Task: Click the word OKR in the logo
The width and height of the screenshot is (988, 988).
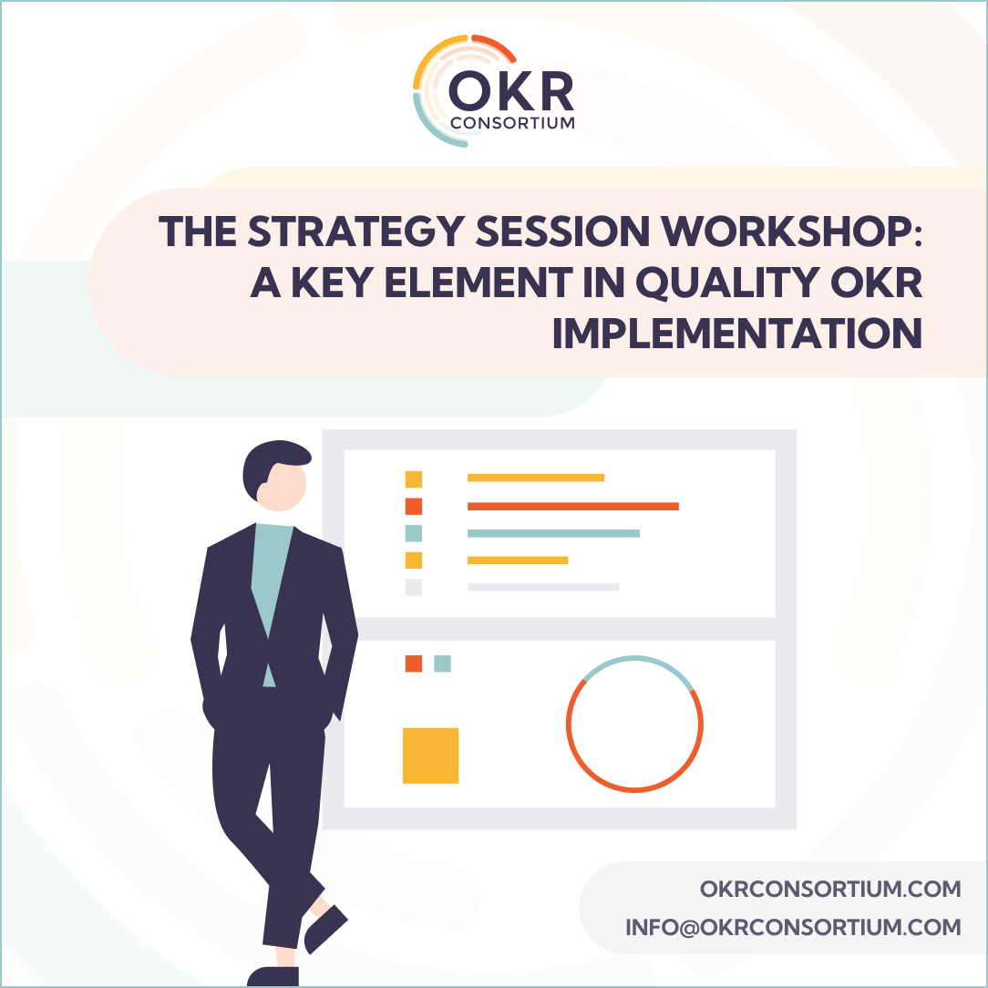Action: (x=510, y=92)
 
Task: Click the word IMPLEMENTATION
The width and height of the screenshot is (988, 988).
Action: (x=737, y=335)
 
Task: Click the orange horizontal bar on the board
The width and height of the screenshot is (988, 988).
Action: (x=572, y=506)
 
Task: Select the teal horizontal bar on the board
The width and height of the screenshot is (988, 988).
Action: (x=553, y=533)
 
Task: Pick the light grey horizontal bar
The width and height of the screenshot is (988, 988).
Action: (x=543, y=587)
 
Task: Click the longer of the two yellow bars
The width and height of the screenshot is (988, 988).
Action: (x=536, y=478)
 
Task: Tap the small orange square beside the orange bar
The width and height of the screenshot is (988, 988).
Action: (x=414, y=507)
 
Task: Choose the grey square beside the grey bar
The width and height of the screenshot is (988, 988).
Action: (x=414, y=587)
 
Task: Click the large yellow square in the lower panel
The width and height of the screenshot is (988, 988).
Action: (x=430, y=756)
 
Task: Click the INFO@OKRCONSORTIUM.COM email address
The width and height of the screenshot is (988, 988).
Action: (x=793, y=928)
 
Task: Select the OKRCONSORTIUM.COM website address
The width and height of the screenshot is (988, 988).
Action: (x=830, y=889)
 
